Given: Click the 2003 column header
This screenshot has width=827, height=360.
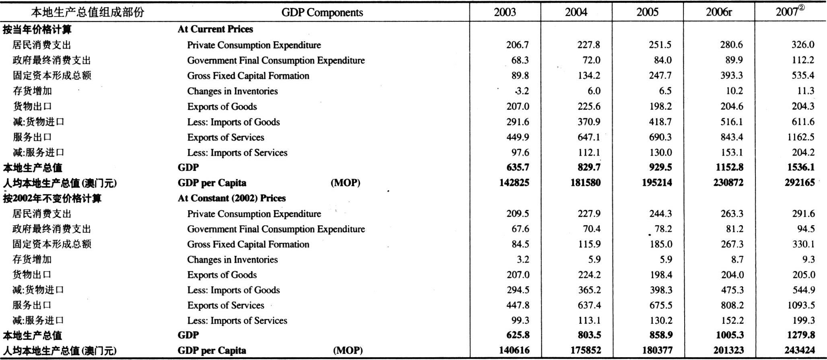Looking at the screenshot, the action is [505, 12].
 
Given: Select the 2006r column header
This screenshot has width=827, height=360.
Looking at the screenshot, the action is [719, 12].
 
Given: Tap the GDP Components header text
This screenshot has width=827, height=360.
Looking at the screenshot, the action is [322, 12].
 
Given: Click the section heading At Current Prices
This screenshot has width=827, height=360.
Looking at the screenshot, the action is [216, 29].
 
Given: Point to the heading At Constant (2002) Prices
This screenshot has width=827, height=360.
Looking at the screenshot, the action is [232, 198].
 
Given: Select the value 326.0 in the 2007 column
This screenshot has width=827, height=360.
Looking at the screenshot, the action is [803, 45].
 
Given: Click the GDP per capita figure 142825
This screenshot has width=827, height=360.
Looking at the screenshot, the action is [514, 183].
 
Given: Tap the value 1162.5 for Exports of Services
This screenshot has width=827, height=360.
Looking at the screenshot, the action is [801, 137].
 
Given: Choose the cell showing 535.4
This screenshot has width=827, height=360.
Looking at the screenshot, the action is [803, 75].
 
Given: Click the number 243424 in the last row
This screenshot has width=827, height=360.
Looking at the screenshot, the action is [800, 350].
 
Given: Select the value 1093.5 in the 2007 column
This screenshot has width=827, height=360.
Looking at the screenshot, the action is [801, 305].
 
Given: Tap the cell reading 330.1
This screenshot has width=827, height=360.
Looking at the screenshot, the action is [803, 244].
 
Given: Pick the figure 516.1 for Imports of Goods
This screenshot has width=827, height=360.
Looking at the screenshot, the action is [732, 122].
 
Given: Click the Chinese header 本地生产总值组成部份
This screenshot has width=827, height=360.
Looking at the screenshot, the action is [88, 12].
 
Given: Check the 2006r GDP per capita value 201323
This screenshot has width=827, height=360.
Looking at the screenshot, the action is [728, 350].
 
